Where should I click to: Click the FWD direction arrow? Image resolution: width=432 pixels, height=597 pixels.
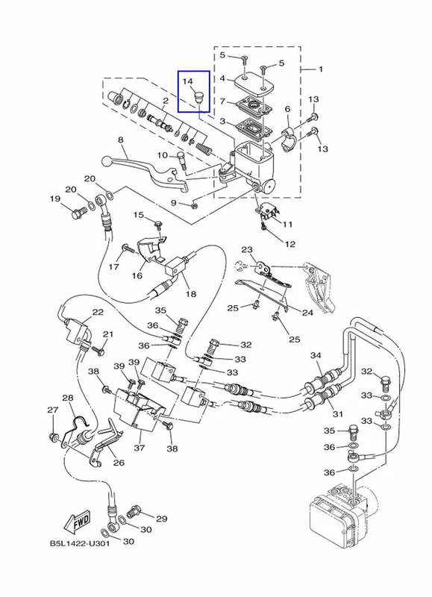[x=78, y=520]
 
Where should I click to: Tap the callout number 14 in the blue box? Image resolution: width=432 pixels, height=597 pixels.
[x=187, y=81]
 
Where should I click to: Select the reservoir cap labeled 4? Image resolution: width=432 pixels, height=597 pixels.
[x=252, y=83]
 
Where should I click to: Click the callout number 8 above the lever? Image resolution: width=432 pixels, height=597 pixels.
[x=121, y=140]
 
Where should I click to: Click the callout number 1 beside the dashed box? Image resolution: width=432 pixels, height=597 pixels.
[x=321, y=69]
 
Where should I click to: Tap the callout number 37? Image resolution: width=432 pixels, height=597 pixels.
[x=140, y=448]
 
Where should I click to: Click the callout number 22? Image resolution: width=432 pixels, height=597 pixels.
[x=98, y=312]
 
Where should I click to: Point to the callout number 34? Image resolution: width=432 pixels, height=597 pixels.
[x=316, y=355]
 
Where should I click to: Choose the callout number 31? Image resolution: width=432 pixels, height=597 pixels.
[x=338, y=414]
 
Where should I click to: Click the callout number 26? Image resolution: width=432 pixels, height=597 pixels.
[x=119, y=463]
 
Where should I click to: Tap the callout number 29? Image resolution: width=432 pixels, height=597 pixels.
[x=162, y=519]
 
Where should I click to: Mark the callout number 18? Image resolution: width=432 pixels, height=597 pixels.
[x=191, y=293]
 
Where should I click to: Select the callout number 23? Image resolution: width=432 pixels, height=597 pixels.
[x=247, y=250]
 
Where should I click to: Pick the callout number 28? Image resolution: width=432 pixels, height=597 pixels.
[x=68, y=398]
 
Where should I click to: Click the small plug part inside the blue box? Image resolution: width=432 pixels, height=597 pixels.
[x=198, y=97]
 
